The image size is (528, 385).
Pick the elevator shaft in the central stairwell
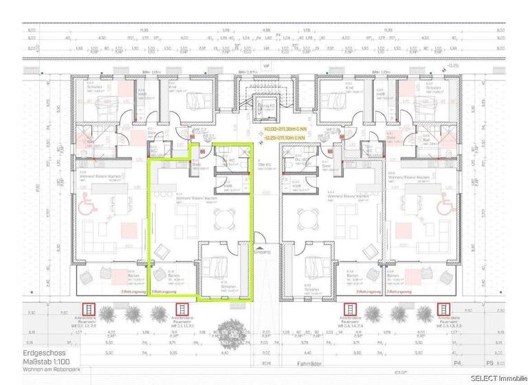tap(264, 109)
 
